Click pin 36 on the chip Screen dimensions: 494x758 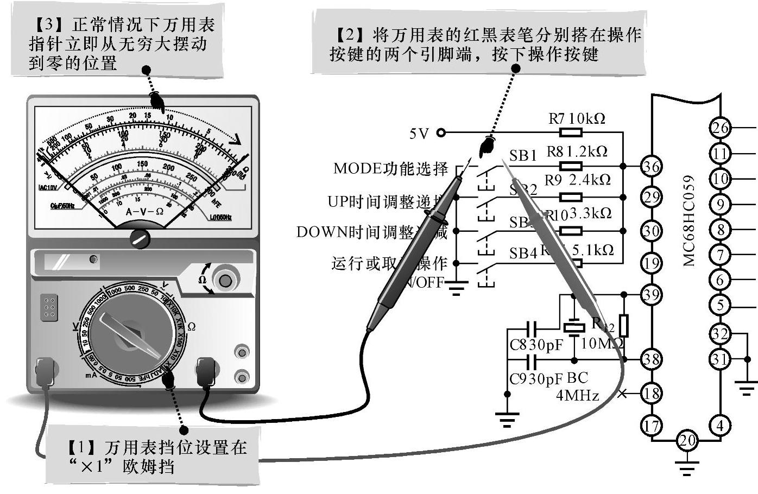[x=651, y=166]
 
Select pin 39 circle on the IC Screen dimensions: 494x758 [x=651, y=295]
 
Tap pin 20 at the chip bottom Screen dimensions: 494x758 [x=687, y=440]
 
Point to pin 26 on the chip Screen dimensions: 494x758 [x=721, y=128]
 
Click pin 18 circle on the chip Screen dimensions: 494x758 [x=651, y=392]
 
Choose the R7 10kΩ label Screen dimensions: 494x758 [x=577, y=118]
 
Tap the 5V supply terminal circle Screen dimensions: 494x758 [x=441, y=132]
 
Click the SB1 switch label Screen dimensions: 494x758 [x=522, y=156]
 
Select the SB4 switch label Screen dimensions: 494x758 [x=522, y=253]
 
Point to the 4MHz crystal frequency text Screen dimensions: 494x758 [x=577, y=395]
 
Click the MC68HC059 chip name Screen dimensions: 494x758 [x=689, y=220]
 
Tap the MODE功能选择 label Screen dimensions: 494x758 [x=390, y=168]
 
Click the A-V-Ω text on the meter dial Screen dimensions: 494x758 [x=144, y=211]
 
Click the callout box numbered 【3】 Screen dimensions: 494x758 [x=117, y=43]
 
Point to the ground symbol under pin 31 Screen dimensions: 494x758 [x=746, y=387]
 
